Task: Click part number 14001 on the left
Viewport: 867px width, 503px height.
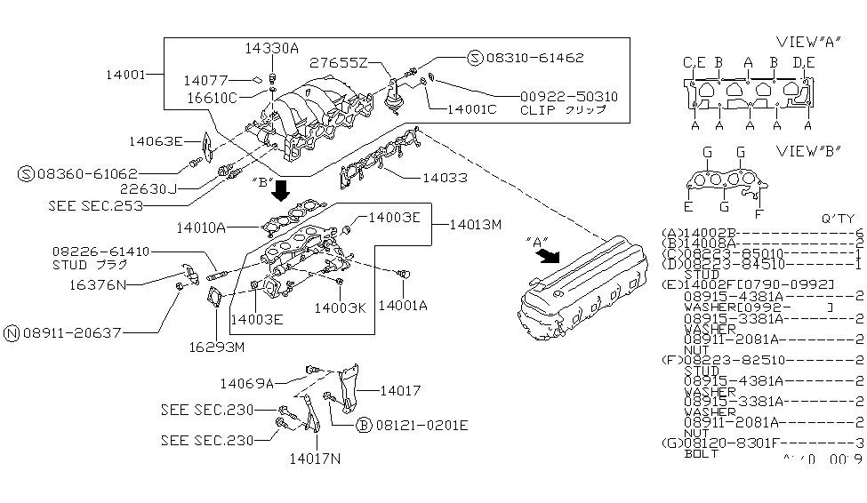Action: [124, 76]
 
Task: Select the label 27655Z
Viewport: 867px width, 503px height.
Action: [337, 62]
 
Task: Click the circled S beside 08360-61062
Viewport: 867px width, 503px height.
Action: [27, 173]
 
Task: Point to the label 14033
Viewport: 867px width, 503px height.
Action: [444, 178]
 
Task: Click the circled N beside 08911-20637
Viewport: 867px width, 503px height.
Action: [12, 333]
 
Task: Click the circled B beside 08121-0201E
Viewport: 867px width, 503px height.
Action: [363, 425]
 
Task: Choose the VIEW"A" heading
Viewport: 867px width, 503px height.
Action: [809, 42]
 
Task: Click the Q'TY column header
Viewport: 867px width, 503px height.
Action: [840, 219]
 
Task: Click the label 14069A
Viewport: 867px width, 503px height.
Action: [247, 384]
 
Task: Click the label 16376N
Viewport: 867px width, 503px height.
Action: [99, 286]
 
